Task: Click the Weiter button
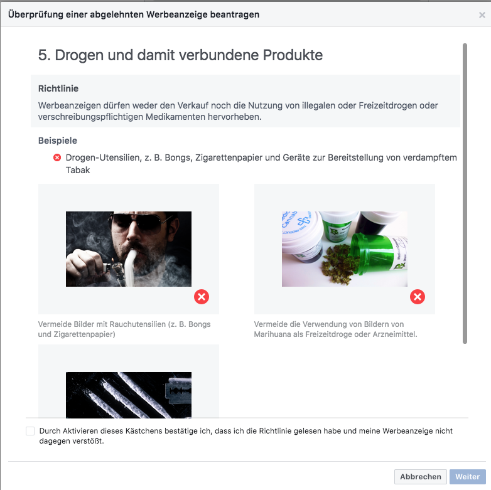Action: [x=468, y=477]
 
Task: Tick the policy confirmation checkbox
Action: [x=30, y=431]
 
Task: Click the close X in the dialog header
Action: [x=482, y=15]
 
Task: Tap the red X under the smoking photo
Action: [x=202, y=297]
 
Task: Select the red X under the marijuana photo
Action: [x=418, y=297]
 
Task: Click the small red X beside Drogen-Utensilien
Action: [x=57, y=157]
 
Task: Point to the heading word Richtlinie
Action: [x=58, y=88]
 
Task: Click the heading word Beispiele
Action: [x=58, y=141]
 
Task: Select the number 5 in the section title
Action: [x=43, y=55]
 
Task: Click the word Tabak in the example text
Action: [x=78, y=170]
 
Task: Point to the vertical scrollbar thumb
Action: [x=465, y=193]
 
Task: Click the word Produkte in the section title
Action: [x=293, y=55]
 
